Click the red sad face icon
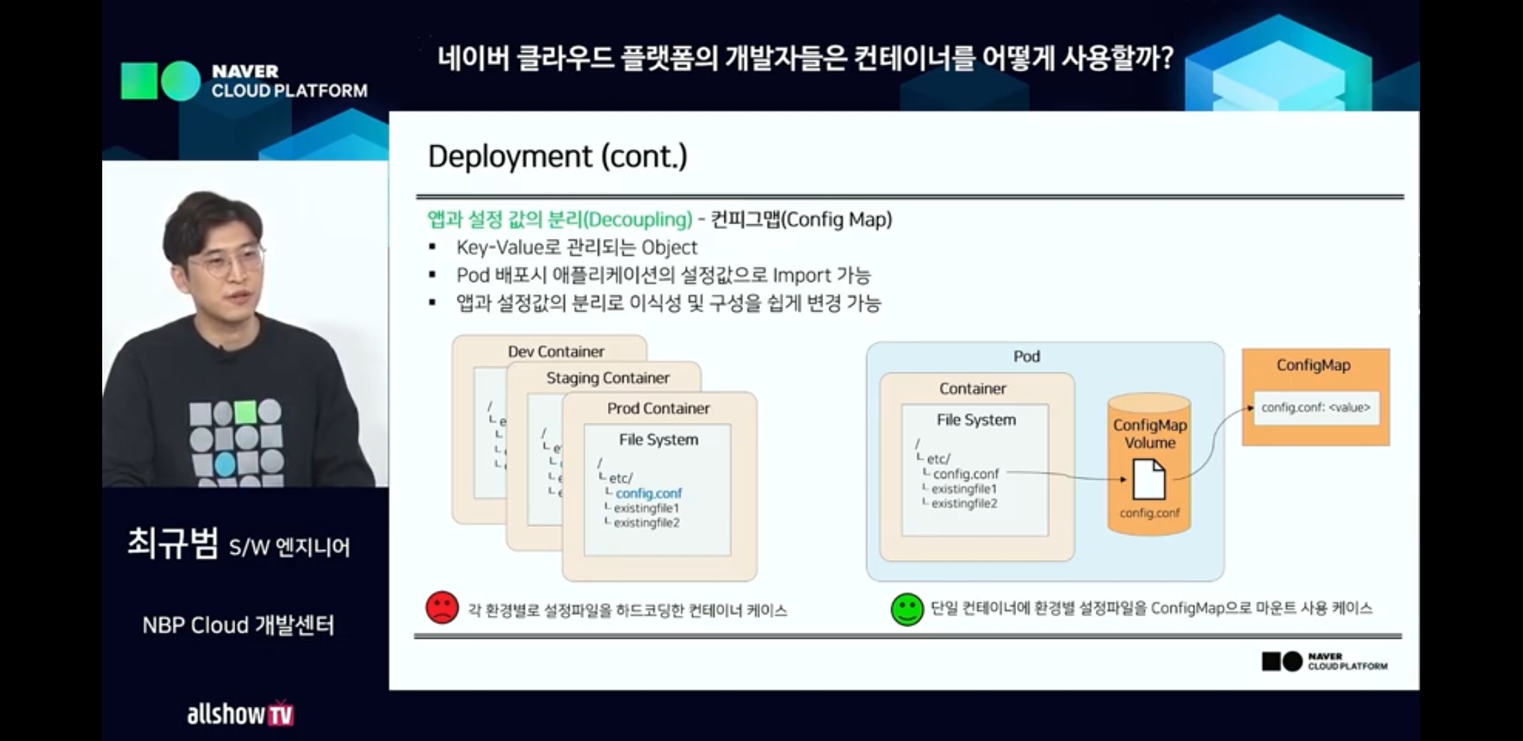point(442,607)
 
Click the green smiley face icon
point(907,609)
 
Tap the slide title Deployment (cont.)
point(557,156)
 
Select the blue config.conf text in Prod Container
point(648,493)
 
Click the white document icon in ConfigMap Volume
point(1148,480)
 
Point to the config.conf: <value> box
point(1315,408)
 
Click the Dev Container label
point(556,351)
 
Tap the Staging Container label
point(607,378)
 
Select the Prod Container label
point(658,408)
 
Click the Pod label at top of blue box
point(1026,356)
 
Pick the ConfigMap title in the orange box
point(1313,365)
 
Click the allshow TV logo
point(239,714)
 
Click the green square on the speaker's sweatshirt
point(245,412)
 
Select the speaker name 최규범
point(173,544)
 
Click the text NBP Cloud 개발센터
point(238,625)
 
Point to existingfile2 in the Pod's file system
point(964,504)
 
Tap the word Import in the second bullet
point(801,276)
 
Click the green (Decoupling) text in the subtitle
point(638,220)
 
